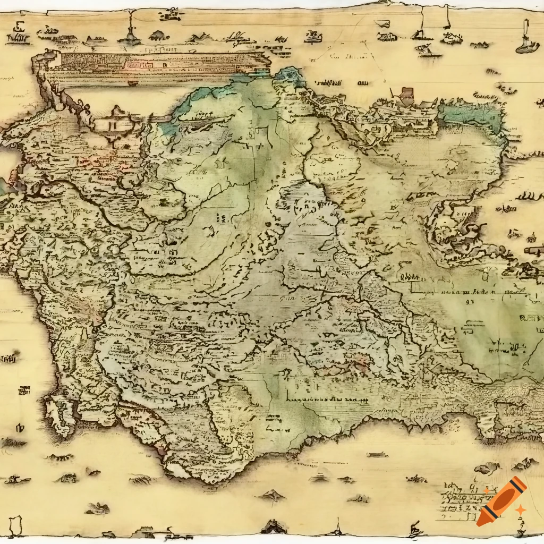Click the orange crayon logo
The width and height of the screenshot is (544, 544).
click(501, 501)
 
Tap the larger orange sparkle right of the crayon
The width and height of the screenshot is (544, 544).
click(521, 509)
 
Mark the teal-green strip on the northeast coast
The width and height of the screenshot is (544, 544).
click(470, 116)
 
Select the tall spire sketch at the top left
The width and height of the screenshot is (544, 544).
click(130, 32)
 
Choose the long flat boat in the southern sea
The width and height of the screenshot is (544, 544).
click(377, 455)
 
